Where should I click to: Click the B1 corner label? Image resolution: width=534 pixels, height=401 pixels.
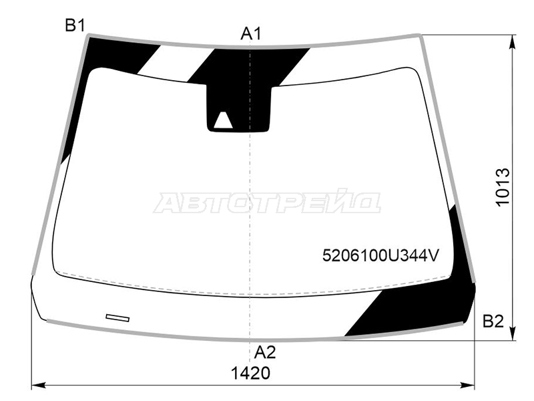75,25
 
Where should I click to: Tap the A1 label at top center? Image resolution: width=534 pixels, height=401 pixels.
251,34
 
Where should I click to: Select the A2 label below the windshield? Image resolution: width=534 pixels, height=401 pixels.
264,352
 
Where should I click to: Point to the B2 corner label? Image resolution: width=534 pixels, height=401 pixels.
493,321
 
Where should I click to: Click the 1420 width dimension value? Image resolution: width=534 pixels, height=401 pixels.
251,373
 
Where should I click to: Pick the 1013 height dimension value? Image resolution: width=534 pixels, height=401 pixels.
503,187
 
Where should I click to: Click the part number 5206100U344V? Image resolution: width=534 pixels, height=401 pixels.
380,255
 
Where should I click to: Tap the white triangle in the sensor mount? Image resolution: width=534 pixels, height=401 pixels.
223,120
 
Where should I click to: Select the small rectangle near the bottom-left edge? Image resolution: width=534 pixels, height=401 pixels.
117,318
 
